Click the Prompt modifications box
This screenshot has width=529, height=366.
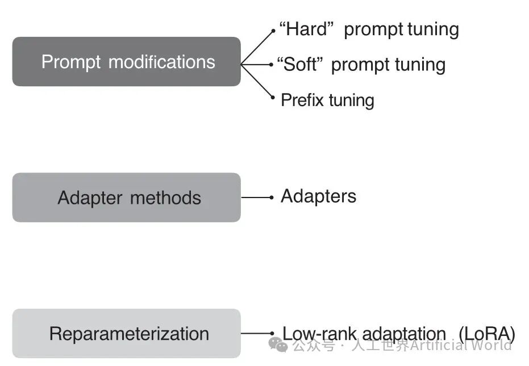127,62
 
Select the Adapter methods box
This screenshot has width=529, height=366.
127,197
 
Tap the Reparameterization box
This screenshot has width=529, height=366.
127,333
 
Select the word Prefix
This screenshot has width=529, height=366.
303,100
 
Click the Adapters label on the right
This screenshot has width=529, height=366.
318,196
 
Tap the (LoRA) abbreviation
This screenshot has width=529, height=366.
487,334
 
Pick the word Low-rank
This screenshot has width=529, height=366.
319,334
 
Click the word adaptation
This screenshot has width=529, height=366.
404,334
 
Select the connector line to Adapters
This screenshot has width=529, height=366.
257,197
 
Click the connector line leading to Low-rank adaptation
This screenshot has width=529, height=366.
257,333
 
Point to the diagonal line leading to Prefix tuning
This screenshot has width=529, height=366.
257,81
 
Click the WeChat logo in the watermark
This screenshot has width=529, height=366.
278,345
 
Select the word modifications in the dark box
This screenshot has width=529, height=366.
162,62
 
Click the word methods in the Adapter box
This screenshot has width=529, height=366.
166,198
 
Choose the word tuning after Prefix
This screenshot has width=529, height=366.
352,101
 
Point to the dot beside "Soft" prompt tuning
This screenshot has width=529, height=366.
272,64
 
